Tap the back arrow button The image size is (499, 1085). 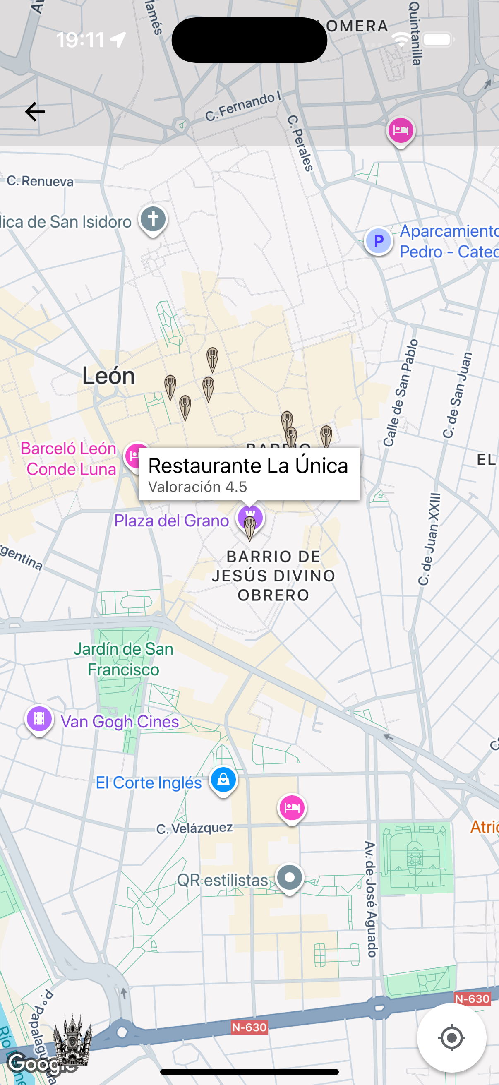(x=34, y=112)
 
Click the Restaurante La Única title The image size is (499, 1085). (x=248, y=466)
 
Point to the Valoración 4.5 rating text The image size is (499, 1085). (x=197, y=487)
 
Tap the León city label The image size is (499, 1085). (x=109, y=376)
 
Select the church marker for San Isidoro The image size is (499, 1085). (x=153, y=219)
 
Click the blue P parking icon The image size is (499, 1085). (x=378, y=241)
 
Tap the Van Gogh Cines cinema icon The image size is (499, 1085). (x=39, y=718)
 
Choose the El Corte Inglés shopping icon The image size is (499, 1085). (x=223, y=780)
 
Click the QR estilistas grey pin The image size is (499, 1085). (x=289, y=878)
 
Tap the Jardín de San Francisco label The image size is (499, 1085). (x=123, y=659)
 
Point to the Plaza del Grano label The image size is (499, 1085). (x=171, y=521)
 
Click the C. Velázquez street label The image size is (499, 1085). (x=194, y=828)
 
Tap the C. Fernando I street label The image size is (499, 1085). (x=243, y=107)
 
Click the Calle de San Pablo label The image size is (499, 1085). (x=401, y=393)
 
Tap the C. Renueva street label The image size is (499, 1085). (x=40, y=181)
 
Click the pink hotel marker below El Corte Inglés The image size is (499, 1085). (x=292, y=807)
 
